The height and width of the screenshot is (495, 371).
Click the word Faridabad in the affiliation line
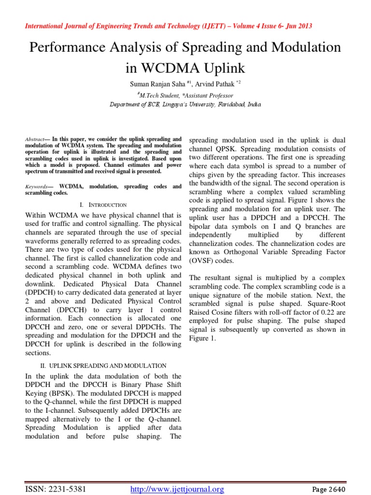click(226, 104)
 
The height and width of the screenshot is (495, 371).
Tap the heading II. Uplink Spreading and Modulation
click(103, 366)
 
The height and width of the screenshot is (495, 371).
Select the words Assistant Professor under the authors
click(208, 96)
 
